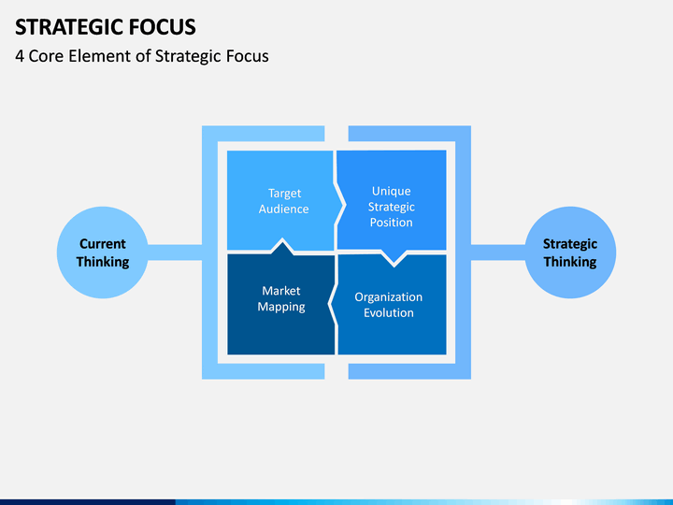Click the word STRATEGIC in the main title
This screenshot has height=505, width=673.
[x=70, y=26]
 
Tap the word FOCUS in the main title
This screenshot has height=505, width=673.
[x=163, y=26]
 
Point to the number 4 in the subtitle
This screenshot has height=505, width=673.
[x=20, y=56]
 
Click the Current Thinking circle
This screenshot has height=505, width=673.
[x=103, y=252]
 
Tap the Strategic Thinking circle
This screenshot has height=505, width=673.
[x=570, y=252]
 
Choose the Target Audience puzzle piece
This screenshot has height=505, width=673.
[x=281, y=200]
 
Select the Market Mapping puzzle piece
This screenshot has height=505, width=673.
[x=281, y=300]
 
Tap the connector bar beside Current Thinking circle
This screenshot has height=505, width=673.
[x=175, y=252]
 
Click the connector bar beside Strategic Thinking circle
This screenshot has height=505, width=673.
[x=498, y=252]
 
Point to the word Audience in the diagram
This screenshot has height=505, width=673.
[x=284, y=209]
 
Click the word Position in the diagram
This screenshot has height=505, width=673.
[x=392, y=223]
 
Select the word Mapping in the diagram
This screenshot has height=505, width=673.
[x=281, y=307]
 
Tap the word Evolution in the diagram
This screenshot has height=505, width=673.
[x=389, y=312]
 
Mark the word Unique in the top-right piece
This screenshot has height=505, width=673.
[x=392, y=191]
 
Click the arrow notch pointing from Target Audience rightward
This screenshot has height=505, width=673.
[x=340, y=206]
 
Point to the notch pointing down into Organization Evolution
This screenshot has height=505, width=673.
[x=394, y=259]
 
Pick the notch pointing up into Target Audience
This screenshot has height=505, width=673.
[x=282, y=246]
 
